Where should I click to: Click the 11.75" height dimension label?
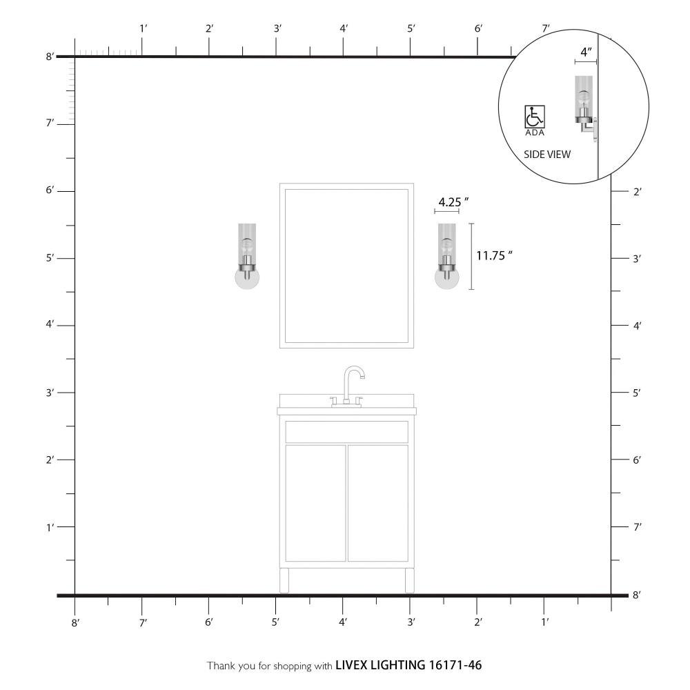[x=494, y=255]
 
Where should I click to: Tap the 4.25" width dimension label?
[x=453, y=202]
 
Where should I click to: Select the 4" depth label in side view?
[x=586, y=52]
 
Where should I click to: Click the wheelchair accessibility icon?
[x=535, y=117]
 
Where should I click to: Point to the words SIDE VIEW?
[x=547, y=155]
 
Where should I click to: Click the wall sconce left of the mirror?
[x=247, y=256]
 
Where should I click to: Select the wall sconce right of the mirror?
[x=446, y=256]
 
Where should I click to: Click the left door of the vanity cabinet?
[x=315, y=503]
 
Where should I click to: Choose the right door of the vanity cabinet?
[x=378, y=503]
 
